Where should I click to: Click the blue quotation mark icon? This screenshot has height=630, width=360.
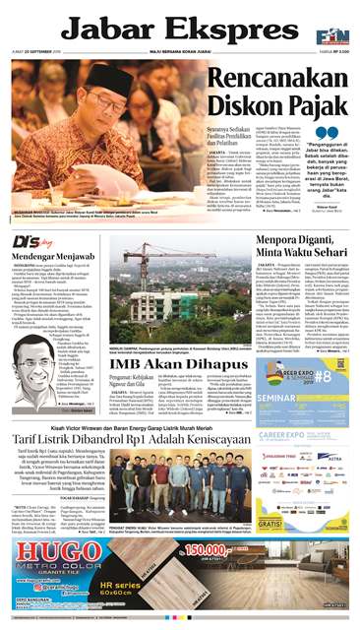point(326,132)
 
